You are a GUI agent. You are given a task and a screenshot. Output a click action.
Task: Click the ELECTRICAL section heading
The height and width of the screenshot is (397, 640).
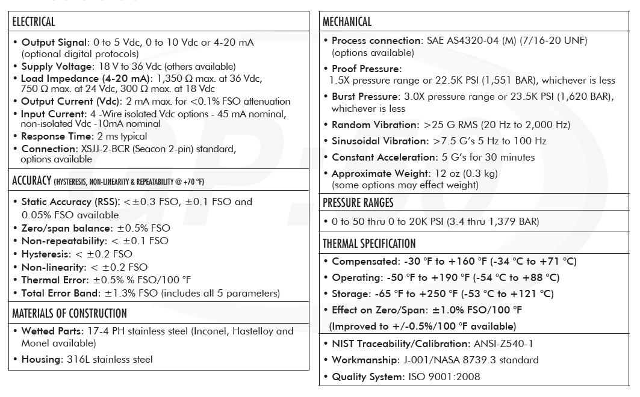click(34, 22)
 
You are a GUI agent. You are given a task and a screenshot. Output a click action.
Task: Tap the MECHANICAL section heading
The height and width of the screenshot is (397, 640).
click(347, 22)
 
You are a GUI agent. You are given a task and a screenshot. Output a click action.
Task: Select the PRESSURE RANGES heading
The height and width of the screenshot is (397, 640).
click(358, 202)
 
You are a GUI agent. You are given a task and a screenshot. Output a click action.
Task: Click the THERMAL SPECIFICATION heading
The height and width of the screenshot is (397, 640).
click(369, 244)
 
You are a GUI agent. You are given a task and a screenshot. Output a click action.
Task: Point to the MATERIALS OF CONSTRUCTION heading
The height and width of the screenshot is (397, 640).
click(69, 313)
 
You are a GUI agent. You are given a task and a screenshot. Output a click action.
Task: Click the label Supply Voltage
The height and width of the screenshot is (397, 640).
click(57, 66)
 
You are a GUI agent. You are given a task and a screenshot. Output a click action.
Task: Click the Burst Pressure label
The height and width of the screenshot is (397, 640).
click(365, 96)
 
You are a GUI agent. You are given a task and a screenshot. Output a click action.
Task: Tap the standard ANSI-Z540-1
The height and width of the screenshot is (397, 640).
click(504, 344)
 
